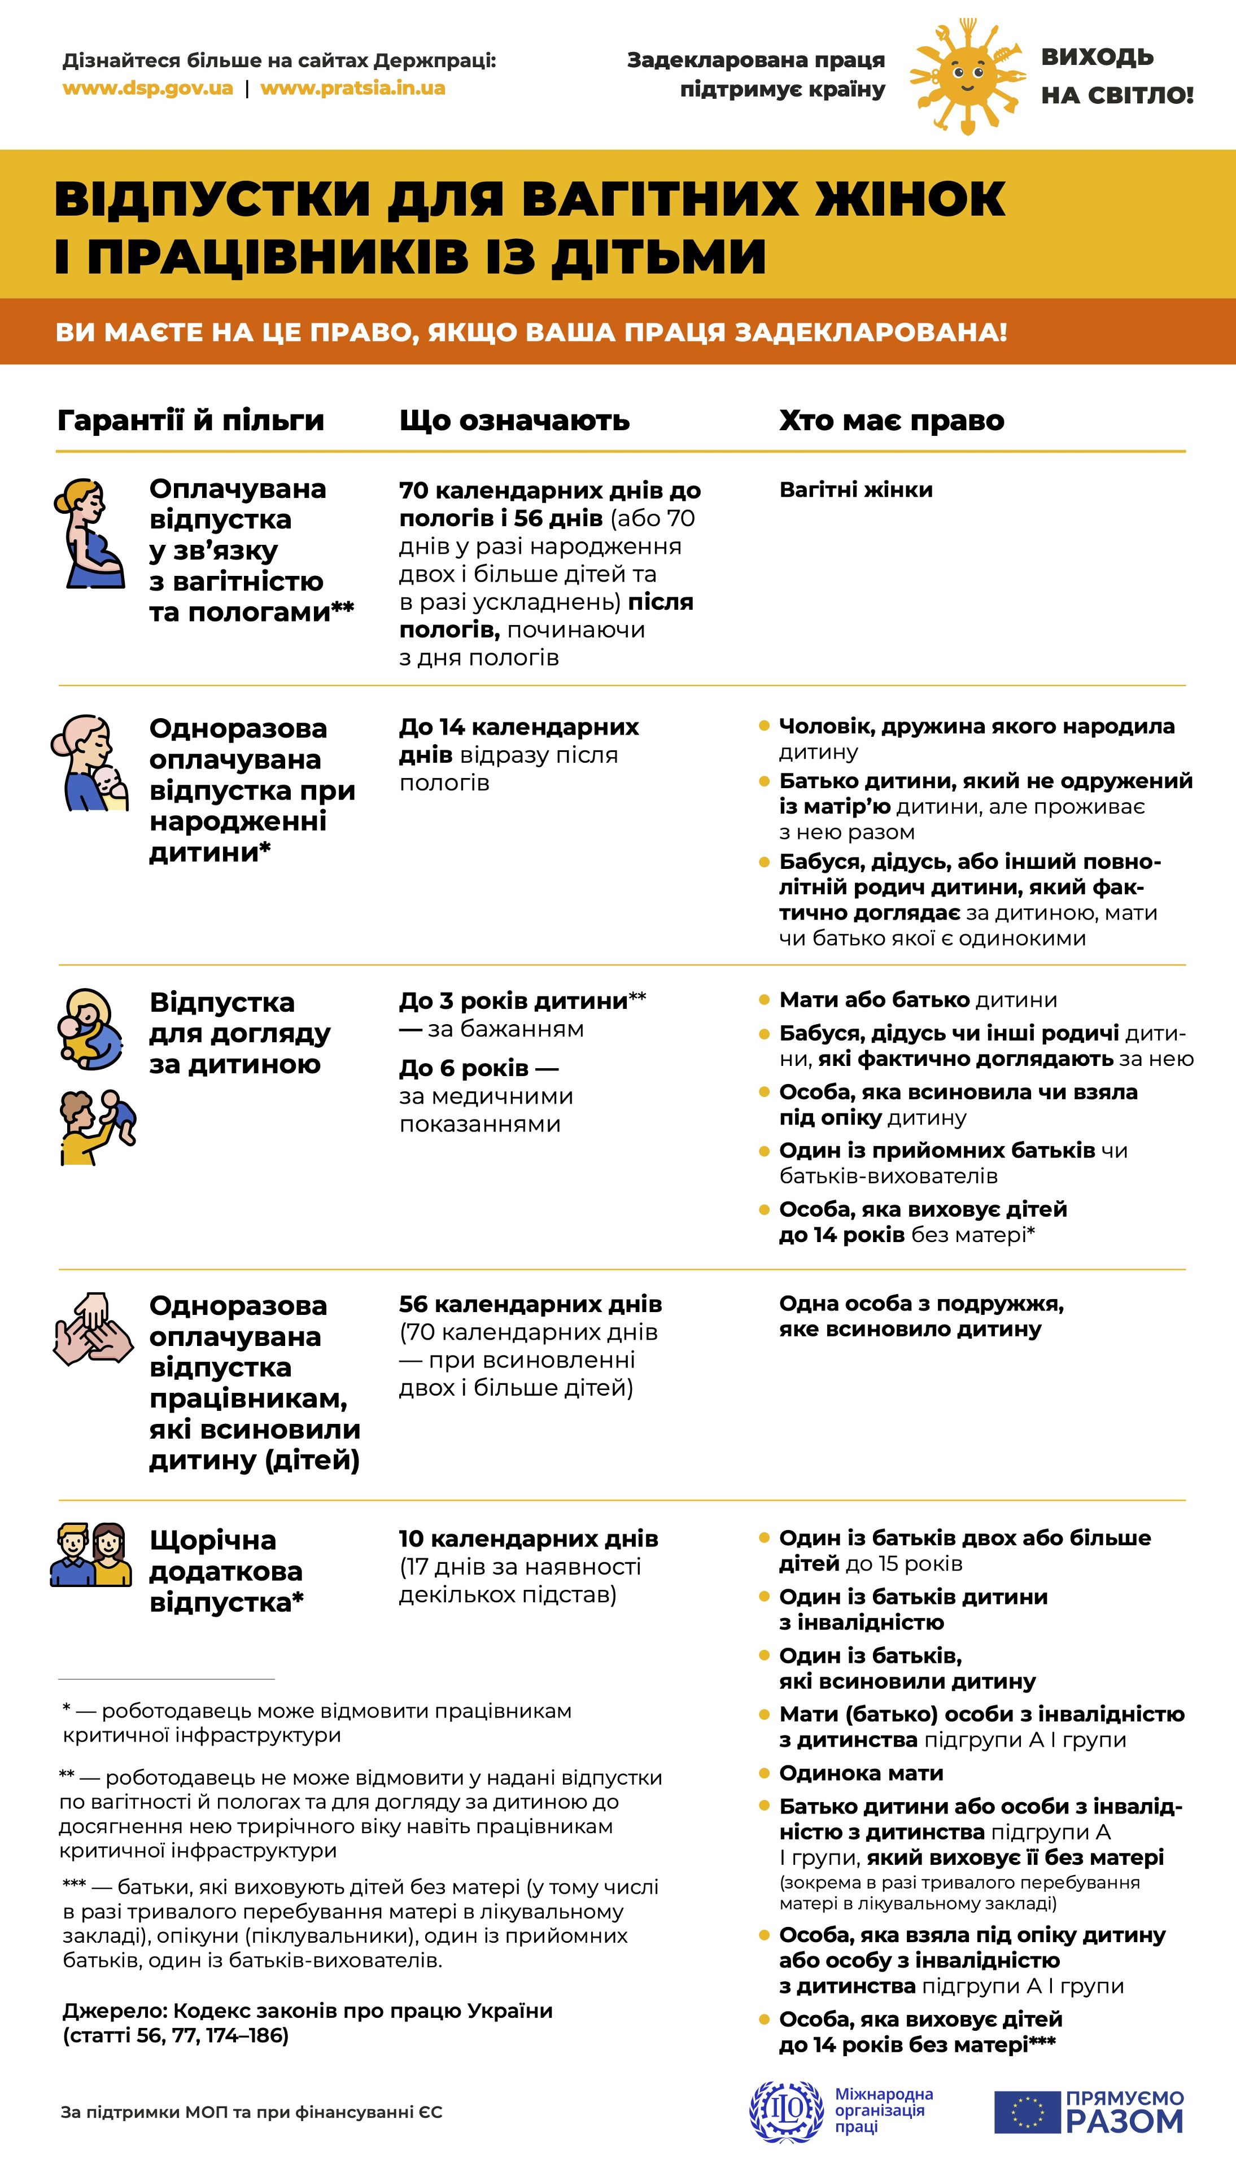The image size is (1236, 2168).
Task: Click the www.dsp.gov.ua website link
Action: click(x=148, y=88)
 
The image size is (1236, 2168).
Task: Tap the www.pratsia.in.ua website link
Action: click(x=352, y=88)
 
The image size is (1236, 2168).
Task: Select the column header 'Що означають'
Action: click(x=514, y=420)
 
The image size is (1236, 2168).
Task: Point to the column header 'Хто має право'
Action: click(x=892, y=420)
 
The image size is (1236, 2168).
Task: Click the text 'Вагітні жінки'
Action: click(x=855, y=489)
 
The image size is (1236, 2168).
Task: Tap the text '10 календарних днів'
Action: click(x=528, y=1538)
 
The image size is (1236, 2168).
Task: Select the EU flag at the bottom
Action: click(x=1027, y=2112)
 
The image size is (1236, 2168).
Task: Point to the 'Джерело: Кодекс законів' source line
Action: click(x=307, y=2011)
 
